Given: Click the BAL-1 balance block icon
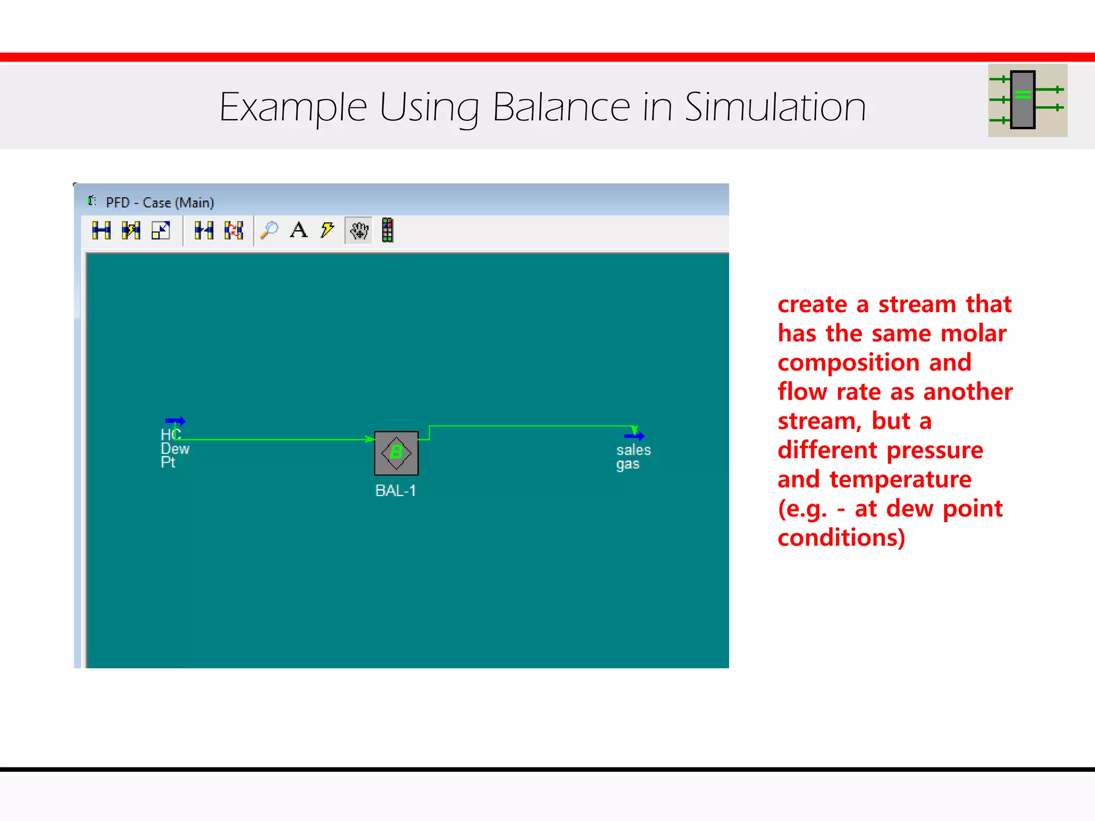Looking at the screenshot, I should pyautogui.click(x=396, y=453).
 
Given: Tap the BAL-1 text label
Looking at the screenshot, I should pyautogui.click(x=396, y=491).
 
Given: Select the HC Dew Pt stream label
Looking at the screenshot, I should pyautogui.click(x=174, y=449).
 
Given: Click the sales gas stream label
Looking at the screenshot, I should pyautogui.click(x=633, y=457).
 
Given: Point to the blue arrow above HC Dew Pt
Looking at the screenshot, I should pyautogui.click(x=175, y=421).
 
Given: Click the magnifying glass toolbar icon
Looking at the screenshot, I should pyautogui.click(x=269, y=231).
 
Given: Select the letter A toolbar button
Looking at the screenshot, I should pyautogui.click(x=299, y=231).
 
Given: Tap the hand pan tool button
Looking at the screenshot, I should pyautogui.click(x=359, y=231).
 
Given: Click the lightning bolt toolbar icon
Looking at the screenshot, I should pyautogui.click(x=327, y=231).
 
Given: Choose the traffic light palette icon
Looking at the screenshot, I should pyautogui.click(x=388, y=231).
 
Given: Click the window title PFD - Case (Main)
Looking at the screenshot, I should pyautogui.click(x=159, y=203).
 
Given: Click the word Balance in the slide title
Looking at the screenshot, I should pyautogui.click(x=561, y=107).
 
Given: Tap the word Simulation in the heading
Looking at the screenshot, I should pyautogui.click(x=775, y=107).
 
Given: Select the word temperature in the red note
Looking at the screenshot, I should pyautogui.click(x=900, y=479).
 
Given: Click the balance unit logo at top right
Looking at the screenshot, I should pyautogui.click(x=1027, y=100).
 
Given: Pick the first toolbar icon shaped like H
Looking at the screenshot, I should pyautogui.click(x=101, y=231).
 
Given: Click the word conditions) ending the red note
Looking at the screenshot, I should pyautogui.click(x=841, y=538).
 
